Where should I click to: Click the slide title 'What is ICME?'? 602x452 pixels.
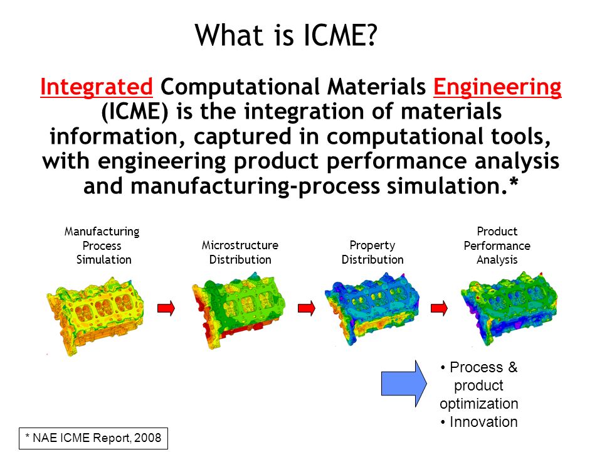click(x=286, y=35)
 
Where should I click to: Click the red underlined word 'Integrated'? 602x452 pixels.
click(x=97, y=87)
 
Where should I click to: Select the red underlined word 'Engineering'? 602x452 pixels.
click(x=497, y=87)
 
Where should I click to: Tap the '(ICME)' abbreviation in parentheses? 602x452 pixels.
click(x=135, y=112)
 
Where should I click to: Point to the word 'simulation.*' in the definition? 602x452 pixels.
click(x=452, y=186)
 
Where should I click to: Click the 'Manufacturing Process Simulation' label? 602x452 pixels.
click(x=102, y=245)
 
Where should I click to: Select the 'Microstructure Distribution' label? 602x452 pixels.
click(x=240, y=252)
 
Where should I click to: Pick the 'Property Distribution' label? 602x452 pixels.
click(x=372, y=252)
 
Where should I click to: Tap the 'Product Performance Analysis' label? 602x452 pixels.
click(x=497, y=245)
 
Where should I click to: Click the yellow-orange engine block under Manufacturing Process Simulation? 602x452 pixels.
click(x=95, y=315)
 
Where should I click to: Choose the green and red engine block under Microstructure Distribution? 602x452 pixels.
click(x=238, y=309)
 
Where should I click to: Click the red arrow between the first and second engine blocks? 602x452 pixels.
click(x=166, y=308)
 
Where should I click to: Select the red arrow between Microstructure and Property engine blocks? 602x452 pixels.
click(x=307, y=308)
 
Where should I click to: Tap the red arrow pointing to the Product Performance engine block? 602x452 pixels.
click(x=439, y=308)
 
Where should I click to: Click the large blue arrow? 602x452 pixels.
click(x=404, y=383)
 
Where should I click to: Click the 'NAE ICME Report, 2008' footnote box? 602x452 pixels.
click(x=93, y=438)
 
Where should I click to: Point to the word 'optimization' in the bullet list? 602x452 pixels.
click(x=478, y=404)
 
